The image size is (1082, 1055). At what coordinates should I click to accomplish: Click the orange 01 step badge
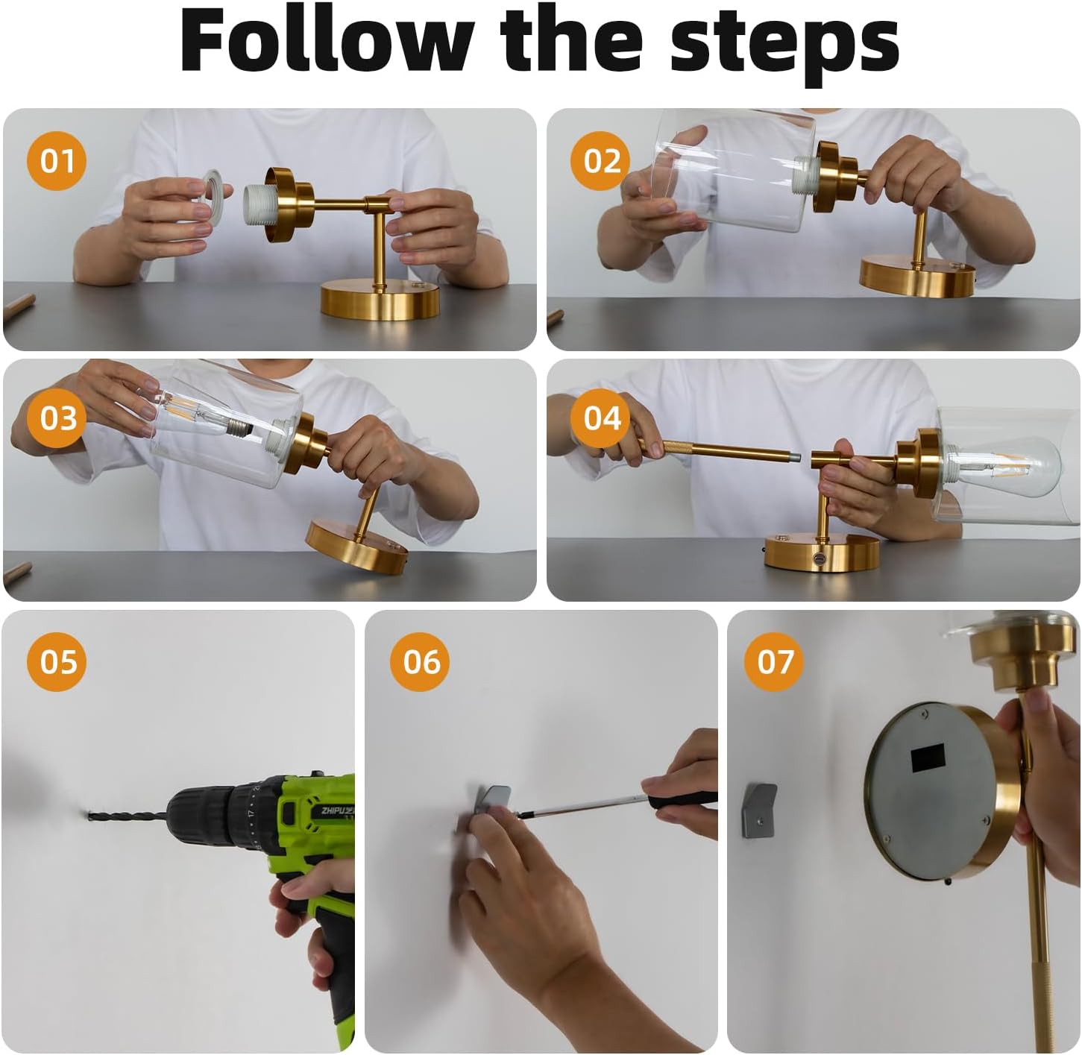click(x=57, y=161)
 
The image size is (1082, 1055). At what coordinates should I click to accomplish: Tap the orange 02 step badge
click(x=600, y=161)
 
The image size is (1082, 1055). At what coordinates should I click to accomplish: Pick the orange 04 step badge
click(x=600, y=418)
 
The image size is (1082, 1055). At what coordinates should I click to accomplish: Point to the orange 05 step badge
click(x=57, y=661)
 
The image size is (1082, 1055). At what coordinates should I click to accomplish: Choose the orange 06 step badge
click(x=420, y=661)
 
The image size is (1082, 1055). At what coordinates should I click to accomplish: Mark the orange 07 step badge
click(x=774, y=661)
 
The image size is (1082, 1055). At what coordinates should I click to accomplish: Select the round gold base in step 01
click(x=380, y=300)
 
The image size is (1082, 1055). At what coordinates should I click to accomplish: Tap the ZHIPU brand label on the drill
click(x=336, y=811)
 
